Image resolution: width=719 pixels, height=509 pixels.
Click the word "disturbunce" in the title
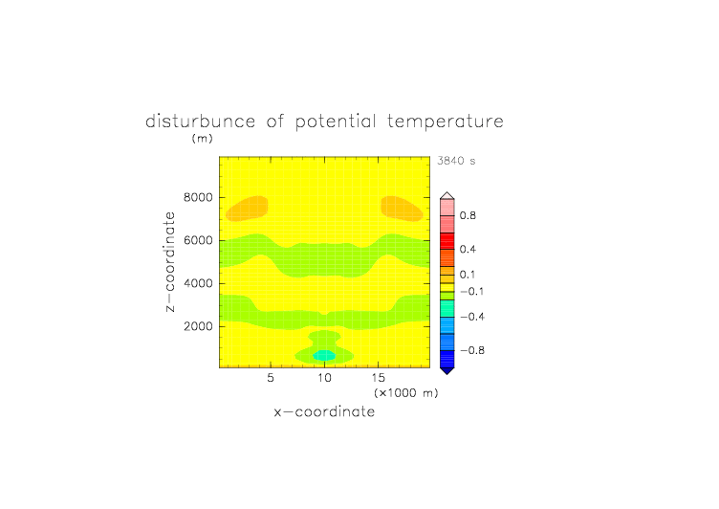pos(200,122)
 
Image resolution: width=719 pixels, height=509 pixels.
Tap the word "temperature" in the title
pos(446,122)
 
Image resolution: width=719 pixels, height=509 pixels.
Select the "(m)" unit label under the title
pos(203,138)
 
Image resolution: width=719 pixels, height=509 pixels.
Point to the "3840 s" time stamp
pos(456,161)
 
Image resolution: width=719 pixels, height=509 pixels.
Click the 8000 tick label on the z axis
pos(198,197)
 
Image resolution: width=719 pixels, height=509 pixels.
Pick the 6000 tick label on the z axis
pos(198,240)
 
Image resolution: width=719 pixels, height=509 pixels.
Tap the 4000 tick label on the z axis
pos(198,283)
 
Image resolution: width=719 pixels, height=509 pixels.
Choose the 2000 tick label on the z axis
pos(198,326)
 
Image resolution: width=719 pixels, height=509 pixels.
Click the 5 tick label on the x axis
pos(271,378)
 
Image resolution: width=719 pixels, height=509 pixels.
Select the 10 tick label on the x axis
pos(325,378)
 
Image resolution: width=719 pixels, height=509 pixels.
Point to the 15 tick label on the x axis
pos(379,378)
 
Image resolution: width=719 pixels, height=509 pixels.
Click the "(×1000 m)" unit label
pos(406,393)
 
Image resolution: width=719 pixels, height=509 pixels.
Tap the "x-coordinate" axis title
pos(325,411)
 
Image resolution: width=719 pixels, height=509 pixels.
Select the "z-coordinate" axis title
pos(170,262)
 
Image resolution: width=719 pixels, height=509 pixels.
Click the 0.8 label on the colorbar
pos(468,215)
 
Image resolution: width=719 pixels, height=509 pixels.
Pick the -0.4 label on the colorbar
pos(472,317)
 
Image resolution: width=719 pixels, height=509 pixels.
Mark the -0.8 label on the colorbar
pos(472,350)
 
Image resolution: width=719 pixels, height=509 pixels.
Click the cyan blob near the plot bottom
pos(324,356)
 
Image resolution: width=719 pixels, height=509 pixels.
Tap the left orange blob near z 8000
pos(247,209)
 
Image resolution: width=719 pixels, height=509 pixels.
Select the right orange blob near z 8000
pos(402,209)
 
